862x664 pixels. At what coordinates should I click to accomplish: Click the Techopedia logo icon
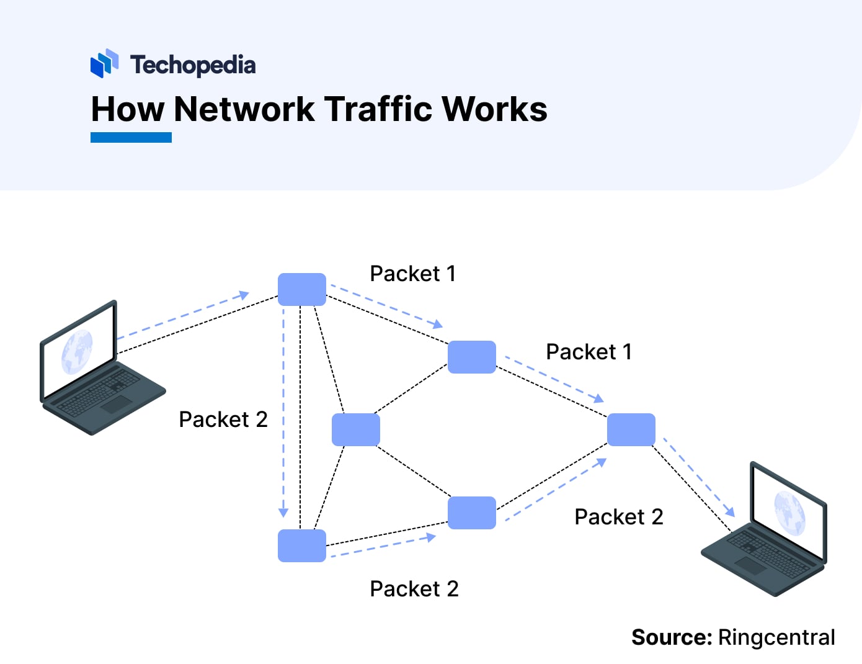coord(104,63)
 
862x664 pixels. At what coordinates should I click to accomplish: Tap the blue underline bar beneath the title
coord(131,137)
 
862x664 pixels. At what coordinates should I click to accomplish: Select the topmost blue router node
coord(301,289)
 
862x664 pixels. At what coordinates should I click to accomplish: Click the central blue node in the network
coord(355,429)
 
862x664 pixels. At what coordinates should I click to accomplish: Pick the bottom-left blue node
coord(301,545)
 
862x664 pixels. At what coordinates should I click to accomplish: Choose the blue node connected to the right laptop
coord(631,429)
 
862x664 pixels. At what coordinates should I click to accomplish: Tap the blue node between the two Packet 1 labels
coord(471,357)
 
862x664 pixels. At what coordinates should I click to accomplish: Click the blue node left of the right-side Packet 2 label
coord(471,513)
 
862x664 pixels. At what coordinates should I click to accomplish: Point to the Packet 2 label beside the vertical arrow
coord(223,419)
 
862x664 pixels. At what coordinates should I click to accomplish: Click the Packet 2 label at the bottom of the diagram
coord(414,588)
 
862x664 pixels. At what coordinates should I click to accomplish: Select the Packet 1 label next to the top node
coord(412,274)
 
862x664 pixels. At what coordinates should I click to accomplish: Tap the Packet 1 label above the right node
coord(589,352)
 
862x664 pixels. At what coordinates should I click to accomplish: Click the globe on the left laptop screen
coord(77,351)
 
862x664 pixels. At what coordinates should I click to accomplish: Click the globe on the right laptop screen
coord(789,513)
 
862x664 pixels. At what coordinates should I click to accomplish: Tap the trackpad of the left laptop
coord(117,404)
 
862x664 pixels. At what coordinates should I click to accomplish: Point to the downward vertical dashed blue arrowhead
coord(283,513)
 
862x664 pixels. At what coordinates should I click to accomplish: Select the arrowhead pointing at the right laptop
coord(730,512)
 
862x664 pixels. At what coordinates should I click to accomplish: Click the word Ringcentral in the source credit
coord(776,637)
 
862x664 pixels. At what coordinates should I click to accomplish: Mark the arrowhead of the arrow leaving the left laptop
coord(244,295)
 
